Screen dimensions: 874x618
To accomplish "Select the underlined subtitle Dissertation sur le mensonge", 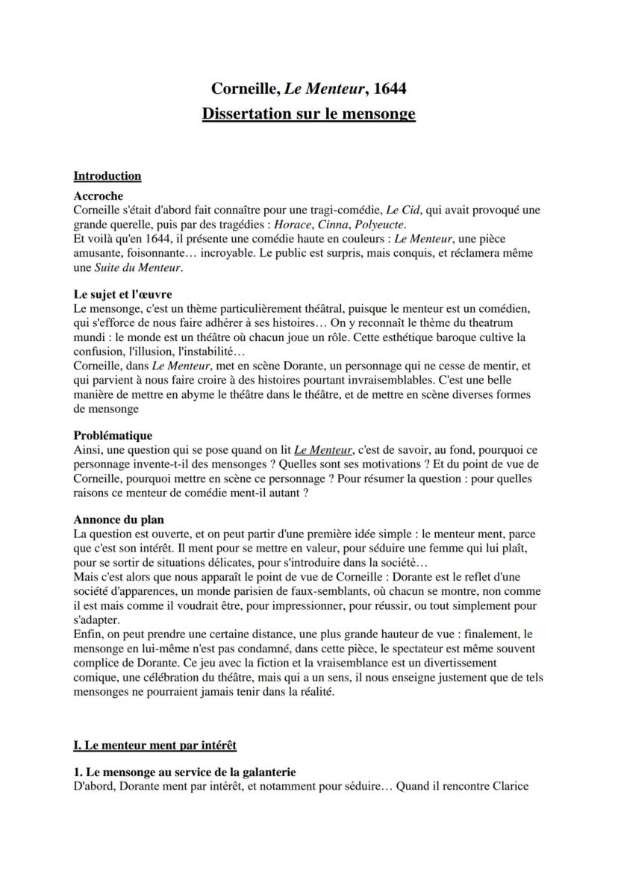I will point(308,114).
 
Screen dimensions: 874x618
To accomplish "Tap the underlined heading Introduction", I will point(107,176).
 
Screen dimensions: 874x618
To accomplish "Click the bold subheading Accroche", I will point(98,196).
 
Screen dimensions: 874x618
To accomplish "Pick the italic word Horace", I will point(292,224).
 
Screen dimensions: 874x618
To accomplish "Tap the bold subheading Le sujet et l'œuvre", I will point(122,294).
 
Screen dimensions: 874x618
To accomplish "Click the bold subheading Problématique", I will point(113,435).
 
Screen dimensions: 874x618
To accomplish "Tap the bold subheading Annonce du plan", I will point(119,519).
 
